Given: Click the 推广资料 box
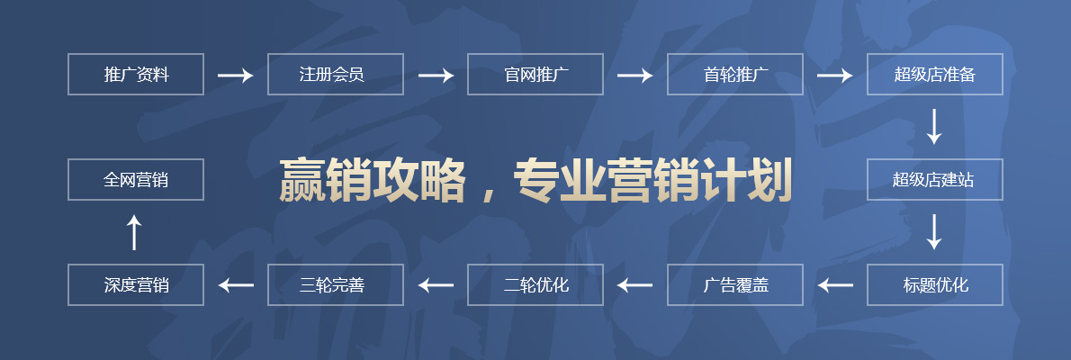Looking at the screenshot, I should pyautogui.click(x=136, y=75).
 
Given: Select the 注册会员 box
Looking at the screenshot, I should pyautogui.click(x=336, y=75).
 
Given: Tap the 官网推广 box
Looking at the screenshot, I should pyautogui.click(x=535, y=75).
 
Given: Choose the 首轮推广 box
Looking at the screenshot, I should pyautogui.click(x=735, y=75).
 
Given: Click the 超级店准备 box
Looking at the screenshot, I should pyautogui.click(x=934, y=75).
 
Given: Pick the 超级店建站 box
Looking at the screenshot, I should pyautogui.click(x=934, y=180).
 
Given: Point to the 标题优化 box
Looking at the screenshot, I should pyautogui.click(x=934, y=285).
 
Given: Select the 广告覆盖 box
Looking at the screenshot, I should pyautogui.click(x=735, y=285).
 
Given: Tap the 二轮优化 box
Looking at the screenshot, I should pyautogui.click(x=535, y=285).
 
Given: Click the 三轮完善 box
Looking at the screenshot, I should pyautogui.click(x=336, y=285).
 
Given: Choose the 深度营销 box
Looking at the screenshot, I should pyautogui.click(x=136, y=285).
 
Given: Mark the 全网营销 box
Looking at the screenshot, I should pyautogui.click(x=136, y=180).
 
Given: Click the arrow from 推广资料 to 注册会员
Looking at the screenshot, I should pyautogui.click(x=236, y=76).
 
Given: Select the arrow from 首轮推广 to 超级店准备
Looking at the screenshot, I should pyautogui.click(x=834, y=76).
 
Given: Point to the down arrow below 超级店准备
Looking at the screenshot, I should pyautogui.click(x=934, y=127).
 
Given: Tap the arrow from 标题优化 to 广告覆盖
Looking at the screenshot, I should pyautogui.click(x=834, y=285).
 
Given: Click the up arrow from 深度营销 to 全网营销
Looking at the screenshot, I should pyautogui.click(x=135, y=232).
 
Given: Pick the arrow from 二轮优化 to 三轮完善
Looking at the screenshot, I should pyautogui.click(x=436, y=285).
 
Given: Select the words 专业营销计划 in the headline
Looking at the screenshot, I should pyautogui.click(x=652, y=180).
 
